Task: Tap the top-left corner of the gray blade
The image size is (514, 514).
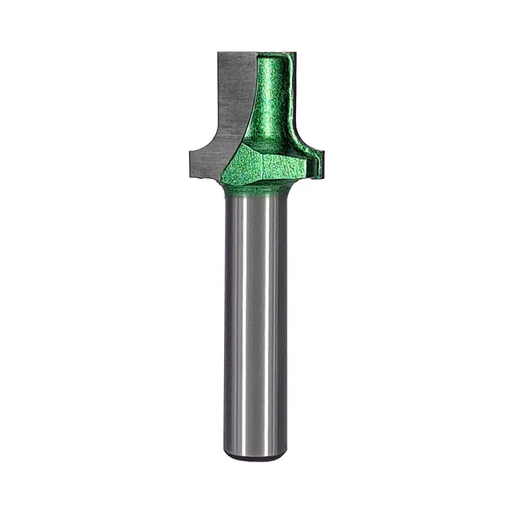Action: [219, 53]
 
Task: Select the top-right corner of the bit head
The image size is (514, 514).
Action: [295, 53]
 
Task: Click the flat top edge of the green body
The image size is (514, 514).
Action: [274, 53]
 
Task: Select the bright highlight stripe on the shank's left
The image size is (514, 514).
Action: [236, 322]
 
